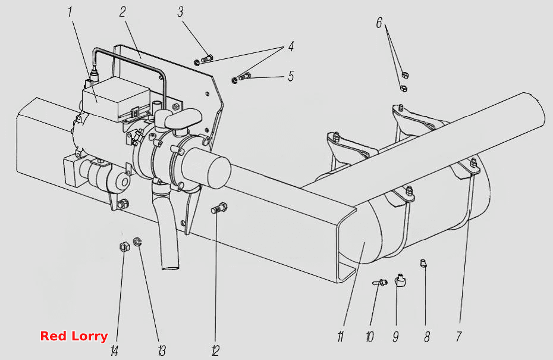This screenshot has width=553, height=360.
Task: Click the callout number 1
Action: click(x=70, y=12)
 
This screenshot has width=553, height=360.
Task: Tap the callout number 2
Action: click(x=122, y=12)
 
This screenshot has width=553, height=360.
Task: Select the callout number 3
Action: click(x=181, y=12)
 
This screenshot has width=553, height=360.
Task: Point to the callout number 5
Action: click(x=291, y=76)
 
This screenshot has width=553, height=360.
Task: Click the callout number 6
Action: click(x=379, y=23)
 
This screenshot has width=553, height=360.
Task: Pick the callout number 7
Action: click(x=459, y=337)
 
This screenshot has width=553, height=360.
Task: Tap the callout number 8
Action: click(x=427, y=337)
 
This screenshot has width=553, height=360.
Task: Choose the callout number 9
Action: click(x=395, y=337)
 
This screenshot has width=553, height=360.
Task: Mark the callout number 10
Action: click(x=370, y=337)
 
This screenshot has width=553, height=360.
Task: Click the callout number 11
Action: click(x=340, y=337)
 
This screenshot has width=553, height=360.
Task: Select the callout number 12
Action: click(x=215, y=351)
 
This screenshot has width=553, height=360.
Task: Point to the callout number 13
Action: click(x=162, y=351)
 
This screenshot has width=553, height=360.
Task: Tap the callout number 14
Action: click(x=114, y=351)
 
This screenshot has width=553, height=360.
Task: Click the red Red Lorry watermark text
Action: click(x=74, y=336)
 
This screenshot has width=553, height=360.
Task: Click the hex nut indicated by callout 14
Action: click(x=124, y=246)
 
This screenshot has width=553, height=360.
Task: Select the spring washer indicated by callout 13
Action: click(x=137, y=242)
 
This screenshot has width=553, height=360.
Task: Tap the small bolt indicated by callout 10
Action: click(x=380, y=283)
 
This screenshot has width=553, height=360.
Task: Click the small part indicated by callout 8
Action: click(x=423, y=263)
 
